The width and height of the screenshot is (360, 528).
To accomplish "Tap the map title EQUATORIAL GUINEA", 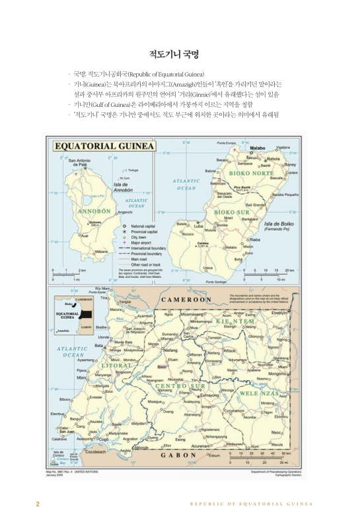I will coord(104,146).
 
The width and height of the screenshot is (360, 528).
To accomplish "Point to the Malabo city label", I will coord(257,148).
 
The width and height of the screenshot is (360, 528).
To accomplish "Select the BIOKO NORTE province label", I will coord(251,174).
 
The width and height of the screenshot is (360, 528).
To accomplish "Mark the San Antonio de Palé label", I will coord(79,162).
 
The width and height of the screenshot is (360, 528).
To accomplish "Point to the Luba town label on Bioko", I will coord(198,225).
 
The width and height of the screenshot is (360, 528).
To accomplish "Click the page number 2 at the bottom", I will coord(38,504).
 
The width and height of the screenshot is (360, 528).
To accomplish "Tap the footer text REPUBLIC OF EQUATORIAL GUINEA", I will coord(250,504).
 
